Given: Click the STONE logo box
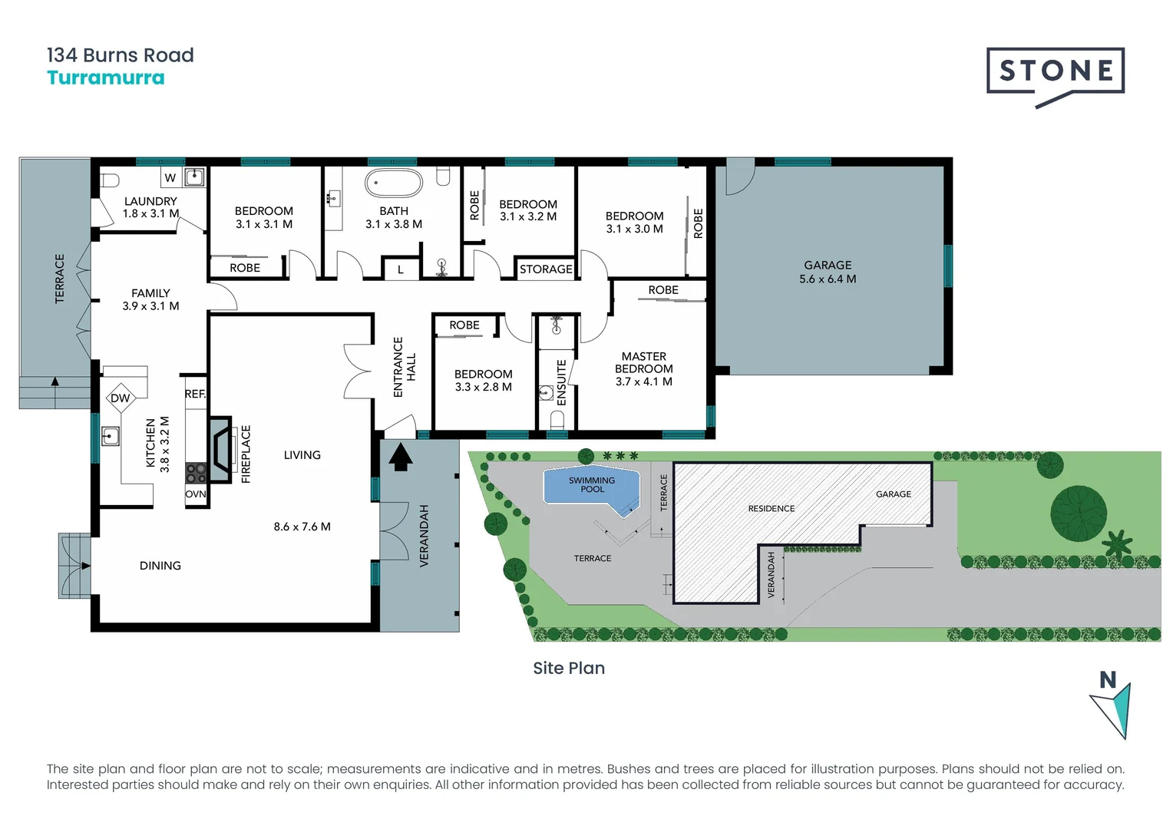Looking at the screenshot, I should [1056, 71].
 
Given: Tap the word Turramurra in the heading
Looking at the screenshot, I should [106, 78].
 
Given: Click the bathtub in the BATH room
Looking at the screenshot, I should [394, 183].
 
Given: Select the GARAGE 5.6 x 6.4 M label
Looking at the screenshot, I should [828, 272].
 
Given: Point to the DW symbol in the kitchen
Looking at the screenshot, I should [121, 398].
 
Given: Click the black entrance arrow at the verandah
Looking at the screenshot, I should [401, 458].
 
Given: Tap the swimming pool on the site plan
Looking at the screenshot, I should [591, 486].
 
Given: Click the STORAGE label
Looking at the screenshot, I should [546, 269].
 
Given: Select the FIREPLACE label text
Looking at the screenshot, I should [246, 454].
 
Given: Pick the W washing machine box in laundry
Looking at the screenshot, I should [170, 177].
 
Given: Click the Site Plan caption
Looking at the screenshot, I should [569, 668].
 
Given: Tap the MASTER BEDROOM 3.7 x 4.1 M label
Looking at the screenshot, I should [644, 368].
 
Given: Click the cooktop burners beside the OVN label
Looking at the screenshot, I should [196, 473].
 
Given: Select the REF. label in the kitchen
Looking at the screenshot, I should [195, 394].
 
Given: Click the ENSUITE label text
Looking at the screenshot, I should [561, 383].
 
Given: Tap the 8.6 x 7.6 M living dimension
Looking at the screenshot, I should [302, 527].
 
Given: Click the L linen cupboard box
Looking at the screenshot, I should [400, 269].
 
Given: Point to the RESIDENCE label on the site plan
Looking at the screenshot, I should [772, 508].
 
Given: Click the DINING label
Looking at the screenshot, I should [160, 566].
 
